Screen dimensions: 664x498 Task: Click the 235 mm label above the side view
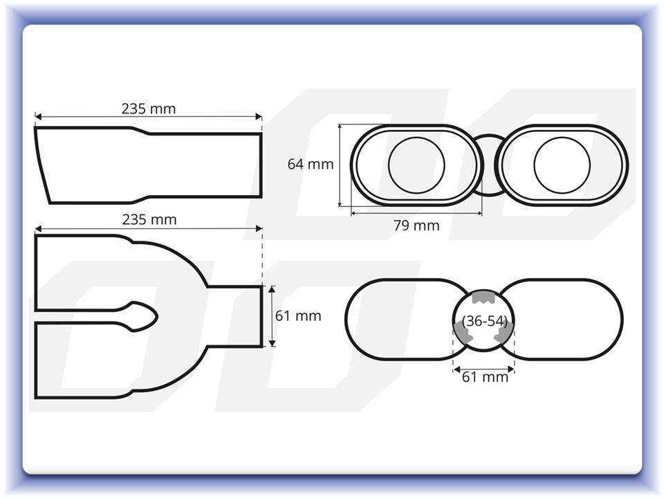click(x=149, y=109)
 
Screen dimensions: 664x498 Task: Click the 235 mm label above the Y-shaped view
click(x=149, y=220)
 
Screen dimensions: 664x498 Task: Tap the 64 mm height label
click(x=311, y=164)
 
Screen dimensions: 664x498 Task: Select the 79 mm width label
click(x=416, y=225)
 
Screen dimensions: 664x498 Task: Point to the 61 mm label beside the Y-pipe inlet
click(x=298, y=316)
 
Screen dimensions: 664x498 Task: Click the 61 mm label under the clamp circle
click(x=485, y=376)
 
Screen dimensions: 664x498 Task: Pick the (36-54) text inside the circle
click(x=484, y=321)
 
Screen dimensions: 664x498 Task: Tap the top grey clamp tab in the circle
click(x=483, y=297)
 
